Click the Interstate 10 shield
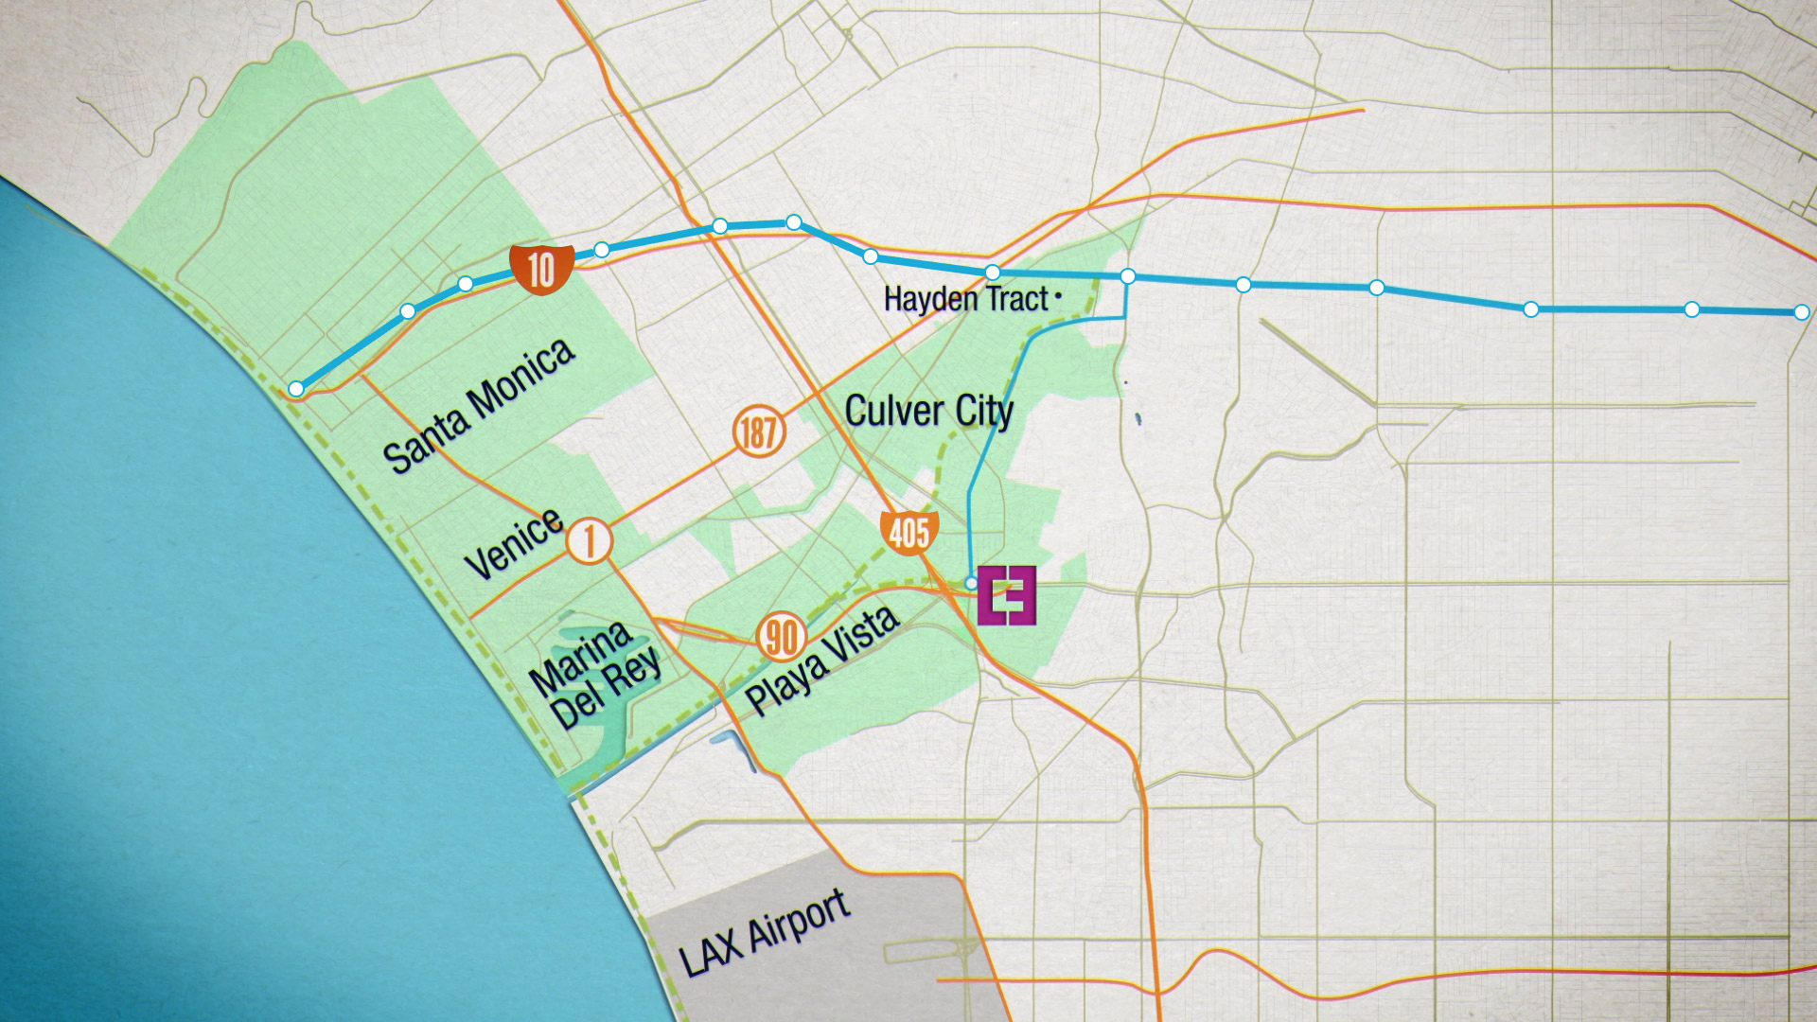[x=541, y=269]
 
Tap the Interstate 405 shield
[x=908, y=532]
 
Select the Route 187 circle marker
[x=759, y=432]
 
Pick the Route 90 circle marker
[x=782, y=637]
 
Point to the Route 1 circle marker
[x=590, y=540]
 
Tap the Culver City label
[x=928, y=411]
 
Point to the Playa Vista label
[x=821, y=659]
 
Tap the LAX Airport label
[x=764, y=933]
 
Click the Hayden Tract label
[x=965, y=299]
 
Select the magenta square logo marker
[x=1007, y=595]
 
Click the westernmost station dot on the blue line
[x=296, y=389]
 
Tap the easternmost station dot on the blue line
[x=1801, y=312]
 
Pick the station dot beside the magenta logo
[x=971, y=583]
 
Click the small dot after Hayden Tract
[x=1058, y=296]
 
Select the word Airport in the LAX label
[x=799, y=921]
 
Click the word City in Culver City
[x=984, y=412]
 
